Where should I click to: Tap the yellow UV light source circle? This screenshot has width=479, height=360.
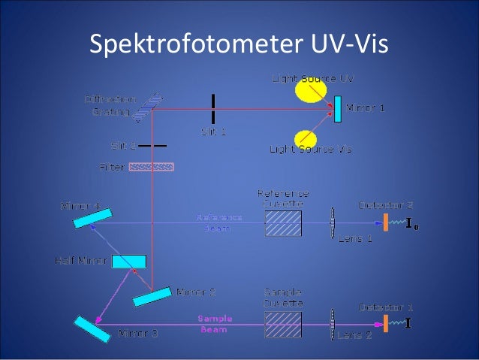point(309,90)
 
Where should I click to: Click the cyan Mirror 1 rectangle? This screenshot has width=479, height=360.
point(339,109)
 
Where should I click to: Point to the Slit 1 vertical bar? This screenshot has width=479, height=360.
point(213,109)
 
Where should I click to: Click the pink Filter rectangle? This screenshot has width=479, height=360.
point(152,167)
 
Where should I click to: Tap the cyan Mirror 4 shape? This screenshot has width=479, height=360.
point(93,216)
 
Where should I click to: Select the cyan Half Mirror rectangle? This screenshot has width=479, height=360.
point(128,262)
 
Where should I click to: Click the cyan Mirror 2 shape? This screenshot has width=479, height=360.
point(152,297)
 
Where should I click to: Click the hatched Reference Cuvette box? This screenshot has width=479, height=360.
point(283,223)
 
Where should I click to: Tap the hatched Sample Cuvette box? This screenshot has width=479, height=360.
point(283,325)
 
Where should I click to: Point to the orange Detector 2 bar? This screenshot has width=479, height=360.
point(386,222)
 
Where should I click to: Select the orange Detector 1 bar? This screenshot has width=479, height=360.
point(386,324)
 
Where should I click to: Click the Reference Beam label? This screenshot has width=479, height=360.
point(219,222)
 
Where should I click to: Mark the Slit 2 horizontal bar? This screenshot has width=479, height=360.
point(152,144)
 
